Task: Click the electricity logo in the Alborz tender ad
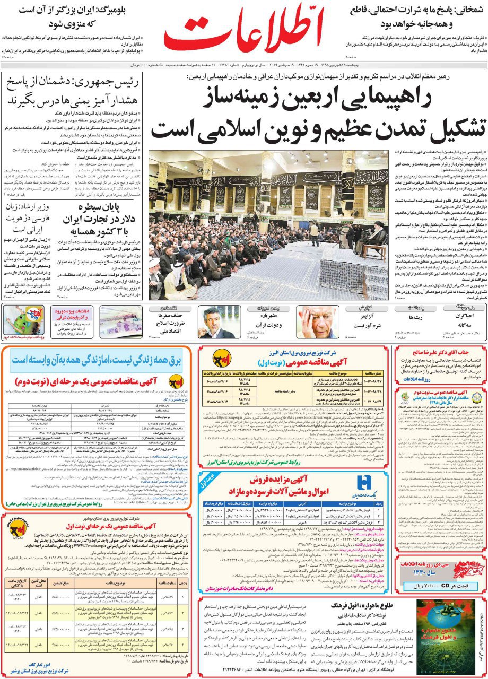pos(221,358)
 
